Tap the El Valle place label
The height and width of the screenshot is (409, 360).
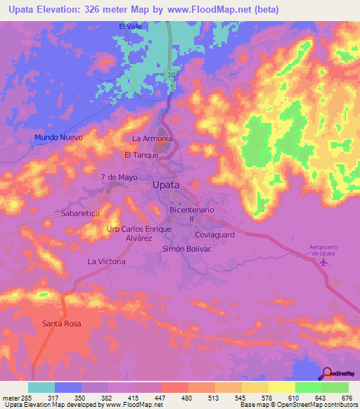131,27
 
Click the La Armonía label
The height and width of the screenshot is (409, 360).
152,138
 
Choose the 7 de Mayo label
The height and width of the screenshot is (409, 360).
119,177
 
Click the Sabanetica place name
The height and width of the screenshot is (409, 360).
82,212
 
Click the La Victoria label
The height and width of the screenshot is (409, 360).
106,261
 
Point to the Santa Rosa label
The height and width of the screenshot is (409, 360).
62,324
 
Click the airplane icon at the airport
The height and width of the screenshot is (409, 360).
323,262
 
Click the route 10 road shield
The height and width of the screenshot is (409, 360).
172,73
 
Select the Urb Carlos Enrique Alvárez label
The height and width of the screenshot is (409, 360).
138,234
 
